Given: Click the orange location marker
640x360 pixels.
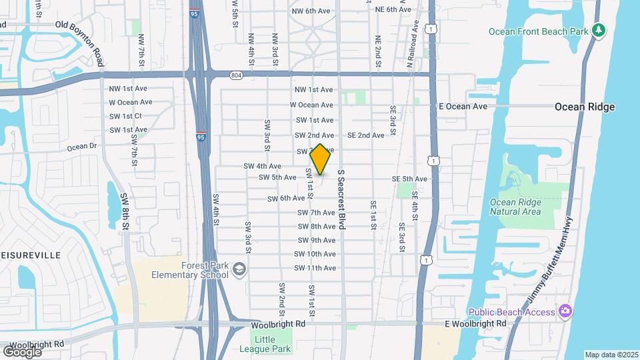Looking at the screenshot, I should tap(320, 159).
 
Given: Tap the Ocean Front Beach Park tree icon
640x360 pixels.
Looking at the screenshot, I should tap(599, 30).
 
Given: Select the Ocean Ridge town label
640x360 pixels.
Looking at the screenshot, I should tap(585, 107).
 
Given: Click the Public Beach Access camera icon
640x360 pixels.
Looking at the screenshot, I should tap(565, 311).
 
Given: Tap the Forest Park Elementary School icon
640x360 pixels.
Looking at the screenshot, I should tap(239, 270).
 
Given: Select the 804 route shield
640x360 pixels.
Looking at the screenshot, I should tap(236, 75).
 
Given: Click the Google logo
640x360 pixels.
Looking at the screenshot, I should tap(23, 351).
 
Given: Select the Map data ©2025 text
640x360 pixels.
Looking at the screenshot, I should tap(611, 355).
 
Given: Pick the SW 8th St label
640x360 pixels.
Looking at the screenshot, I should tap(124, 211).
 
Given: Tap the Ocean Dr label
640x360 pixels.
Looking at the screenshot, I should tap(82, 146).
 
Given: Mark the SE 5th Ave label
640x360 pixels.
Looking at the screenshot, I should tap(409, 179).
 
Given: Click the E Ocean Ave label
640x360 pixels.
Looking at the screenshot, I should tap(463, 106).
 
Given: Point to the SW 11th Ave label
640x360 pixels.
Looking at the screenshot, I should tap(315, 268).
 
